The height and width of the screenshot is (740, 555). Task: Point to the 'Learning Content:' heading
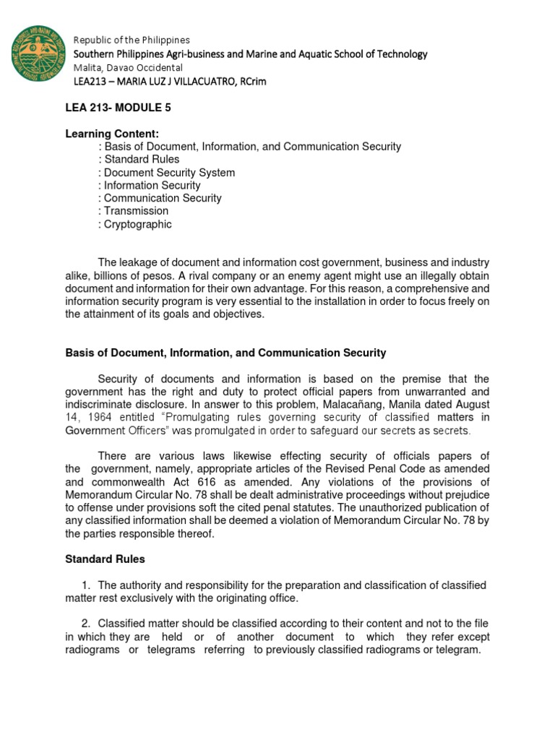click(x=112, y=134)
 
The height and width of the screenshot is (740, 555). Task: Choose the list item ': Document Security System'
click(x=166, y=173)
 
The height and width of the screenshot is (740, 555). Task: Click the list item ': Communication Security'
click(x=160, y=198)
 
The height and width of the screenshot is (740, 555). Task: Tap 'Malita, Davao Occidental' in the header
click(x=126, y=67)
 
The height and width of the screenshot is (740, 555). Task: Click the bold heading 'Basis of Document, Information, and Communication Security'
click(x=225, y=353)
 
